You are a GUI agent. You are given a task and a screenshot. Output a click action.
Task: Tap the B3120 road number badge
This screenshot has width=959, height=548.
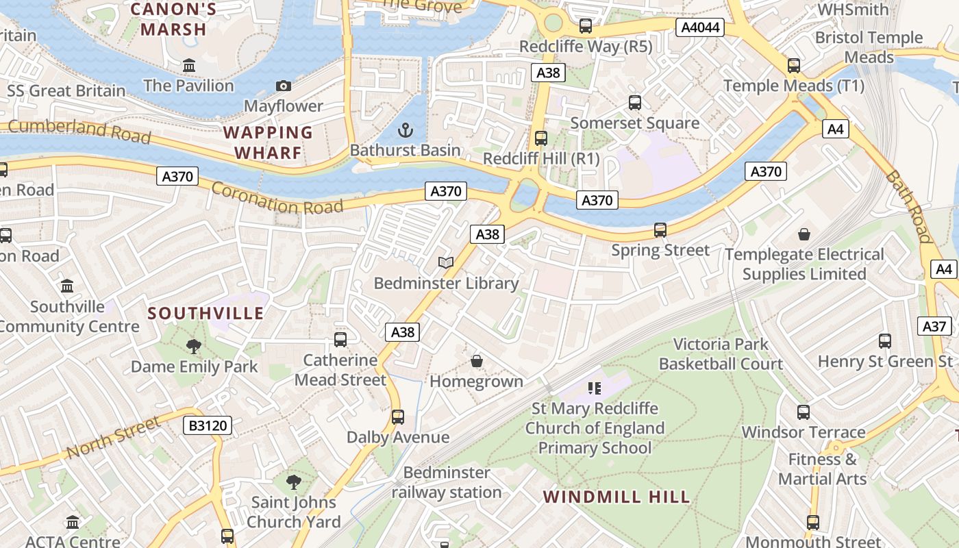(x=208, y=425)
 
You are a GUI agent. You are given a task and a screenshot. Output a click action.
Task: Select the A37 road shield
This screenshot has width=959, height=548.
(x=934, y=326)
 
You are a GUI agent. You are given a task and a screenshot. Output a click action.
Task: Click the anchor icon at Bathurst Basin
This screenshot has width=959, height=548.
(x=406, y=129)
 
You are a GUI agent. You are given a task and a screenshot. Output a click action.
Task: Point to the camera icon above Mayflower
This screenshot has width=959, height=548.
(x=283, y=86)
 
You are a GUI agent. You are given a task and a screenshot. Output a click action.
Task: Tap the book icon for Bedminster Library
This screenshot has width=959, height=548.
(x=446, y=262)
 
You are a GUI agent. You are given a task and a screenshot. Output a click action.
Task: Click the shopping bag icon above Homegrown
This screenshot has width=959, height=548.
(x=477, y=360)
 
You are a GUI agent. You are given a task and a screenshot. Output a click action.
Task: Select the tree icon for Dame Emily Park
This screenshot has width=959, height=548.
(x=194, y=346)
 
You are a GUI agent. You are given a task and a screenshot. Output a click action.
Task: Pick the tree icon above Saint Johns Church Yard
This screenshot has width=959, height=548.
(x=294, y=482)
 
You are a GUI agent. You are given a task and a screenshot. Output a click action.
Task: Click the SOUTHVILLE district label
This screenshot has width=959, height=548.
(x=206, y=313)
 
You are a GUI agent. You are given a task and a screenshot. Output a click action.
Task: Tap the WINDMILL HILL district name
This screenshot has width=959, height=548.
(x=616, y=497)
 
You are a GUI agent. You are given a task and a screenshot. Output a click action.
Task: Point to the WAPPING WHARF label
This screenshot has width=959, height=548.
(x=268, y=142)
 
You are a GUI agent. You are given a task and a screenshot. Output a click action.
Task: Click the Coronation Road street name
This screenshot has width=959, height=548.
(x=277, y=197)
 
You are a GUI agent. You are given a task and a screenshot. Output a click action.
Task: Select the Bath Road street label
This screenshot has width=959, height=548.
(x=909, y=206)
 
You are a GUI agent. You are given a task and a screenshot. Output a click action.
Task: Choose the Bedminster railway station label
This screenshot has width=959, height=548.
(x=447, y=482)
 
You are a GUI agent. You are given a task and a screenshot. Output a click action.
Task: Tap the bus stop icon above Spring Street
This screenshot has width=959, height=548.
(x=660, y=230)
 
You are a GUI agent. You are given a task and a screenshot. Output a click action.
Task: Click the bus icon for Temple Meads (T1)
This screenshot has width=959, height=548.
(x=793, y=66)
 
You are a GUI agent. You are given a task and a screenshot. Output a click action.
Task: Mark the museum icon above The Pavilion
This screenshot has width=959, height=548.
(x=189, y=66)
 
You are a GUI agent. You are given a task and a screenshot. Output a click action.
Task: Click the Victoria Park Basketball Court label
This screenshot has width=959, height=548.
(x=721, y=353)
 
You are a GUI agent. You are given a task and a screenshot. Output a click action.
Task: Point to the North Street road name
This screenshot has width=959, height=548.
(x=114, y=438)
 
